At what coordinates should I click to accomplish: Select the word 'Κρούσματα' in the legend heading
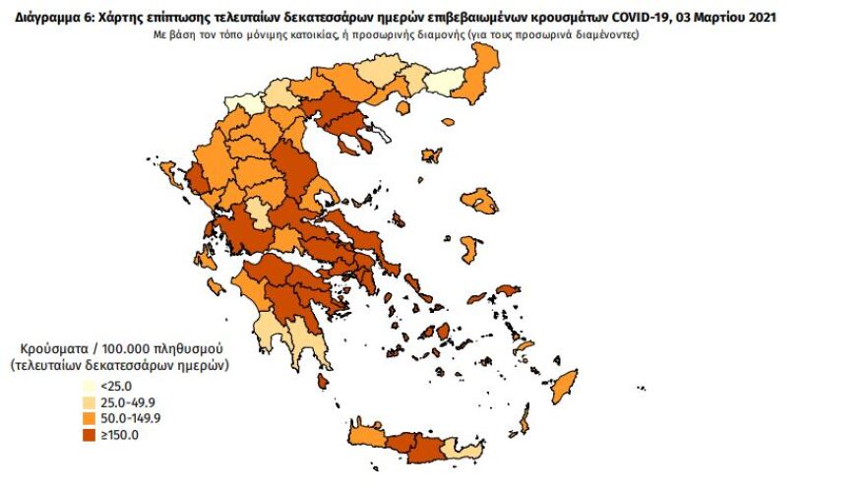(54, 349)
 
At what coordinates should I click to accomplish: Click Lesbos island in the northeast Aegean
(483, 206)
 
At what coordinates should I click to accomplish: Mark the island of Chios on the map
(470, 246)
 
